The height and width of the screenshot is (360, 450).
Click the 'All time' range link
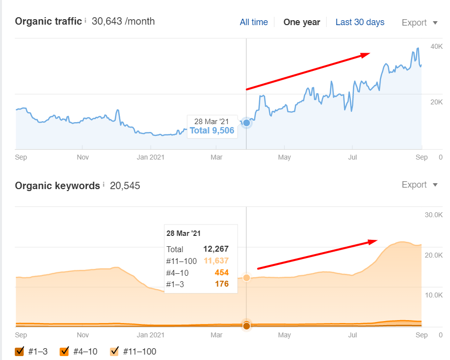coord(254,22)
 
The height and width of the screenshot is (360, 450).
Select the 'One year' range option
coord(302,22)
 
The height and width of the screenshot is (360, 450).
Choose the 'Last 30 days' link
coord(360,22)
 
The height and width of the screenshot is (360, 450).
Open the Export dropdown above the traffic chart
coord(419,23)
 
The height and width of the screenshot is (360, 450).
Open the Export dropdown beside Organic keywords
coord(419,185)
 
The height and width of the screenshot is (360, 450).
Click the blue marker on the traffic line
coord(247,123)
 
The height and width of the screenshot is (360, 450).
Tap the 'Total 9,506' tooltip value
coord(212,131)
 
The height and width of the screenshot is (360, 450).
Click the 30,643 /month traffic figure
coord(123,21)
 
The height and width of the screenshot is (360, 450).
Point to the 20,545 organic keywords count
coord(125,186)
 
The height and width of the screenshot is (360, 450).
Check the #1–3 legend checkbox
coord(20,352)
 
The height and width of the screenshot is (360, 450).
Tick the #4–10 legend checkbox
coord(64,352)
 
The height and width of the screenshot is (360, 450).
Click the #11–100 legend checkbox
coord(115,352)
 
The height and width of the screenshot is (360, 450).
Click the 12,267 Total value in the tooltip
coord(216,249)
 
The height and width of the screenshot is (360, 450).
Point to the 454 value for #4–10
coord(222,273)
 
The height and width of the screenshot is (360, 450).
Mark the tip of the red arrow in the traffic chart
coord(369,54)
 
